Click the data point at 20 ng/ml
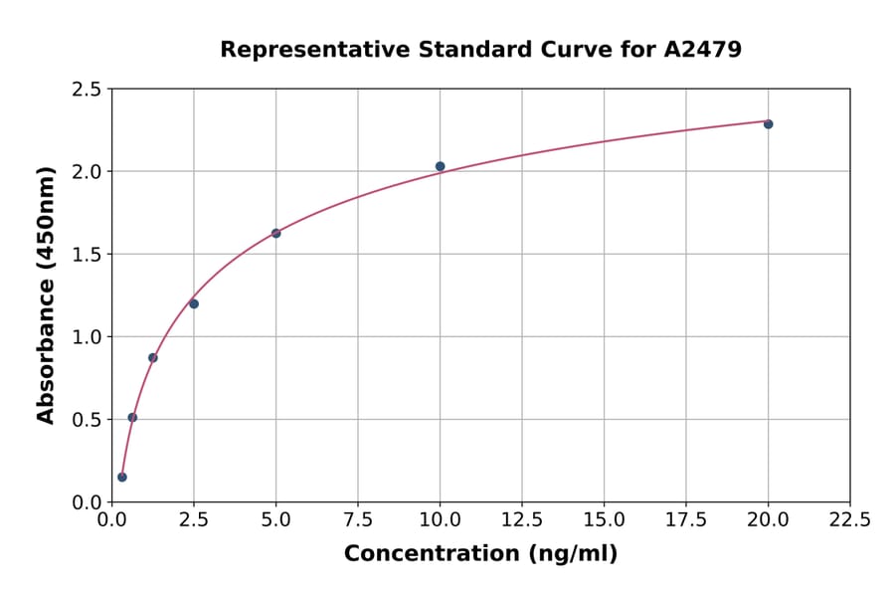coord(768,124)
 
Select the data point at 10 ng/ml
coord(440,166)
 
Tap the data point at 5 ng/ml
coord(275,233)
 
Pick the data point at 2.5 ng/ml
coord(194,303)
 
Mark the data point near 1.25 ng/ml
coord(153,357)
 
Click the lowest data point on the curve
coord(122,477)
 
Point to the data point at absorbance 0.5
coord(132,417)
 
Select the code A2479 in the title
coord(703,49)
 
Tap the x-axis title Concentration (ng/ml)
coord(480,553)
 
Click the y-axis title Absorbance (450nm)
coord(46,295)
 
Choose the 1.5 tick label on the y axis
coord(86,255)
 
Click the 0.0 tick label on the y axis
coord(86,502)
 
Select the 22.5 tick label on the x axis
coord(849,519)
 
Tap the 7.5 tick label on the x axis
coord(358,519)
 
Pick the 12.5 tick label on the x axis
coord(522,519)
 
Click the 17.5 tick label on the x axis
coord(686,519)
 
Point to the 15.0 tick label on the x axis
coord(604,519)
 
